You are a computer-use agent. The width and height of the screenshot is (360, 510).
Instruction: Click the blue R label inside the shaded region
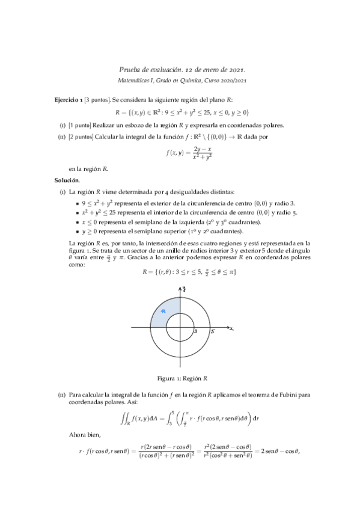tap(163, 310)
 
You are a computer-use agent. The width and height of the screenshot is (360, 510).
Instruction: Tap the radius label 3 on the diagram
tap(196, 331)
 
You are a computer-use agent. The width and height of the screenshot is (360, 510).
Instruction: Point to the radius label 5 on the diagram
tap(213, 331)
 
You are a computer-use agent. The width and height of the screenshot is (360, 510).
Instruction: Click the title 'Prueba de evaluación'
tap(150, 70)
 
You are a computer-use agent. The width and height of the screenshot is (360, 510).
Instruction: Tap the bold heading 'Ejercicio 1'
tap(68, 99)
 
